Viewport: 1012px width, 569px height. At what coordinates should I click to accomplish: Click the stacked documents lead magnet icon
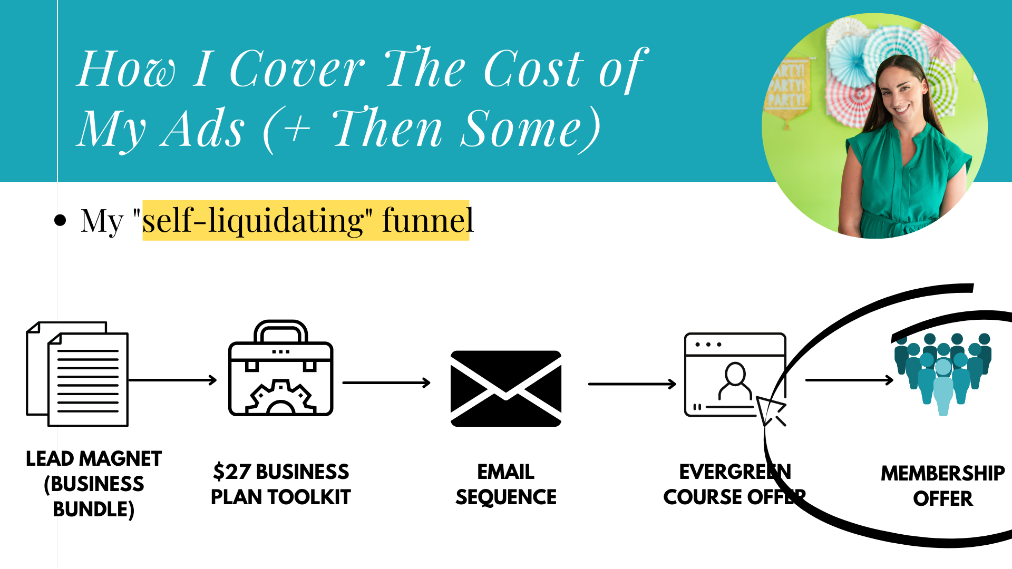tap(77, 374)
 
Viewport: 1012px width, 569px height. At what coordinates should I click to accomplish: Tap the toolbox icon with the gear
tap(280, 369)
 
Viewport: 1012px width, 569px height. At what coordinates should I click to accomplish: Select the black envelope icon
tap(506, 388)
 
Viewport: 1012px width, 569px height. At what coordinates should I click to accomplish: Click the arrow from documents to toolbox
tap(172, 380)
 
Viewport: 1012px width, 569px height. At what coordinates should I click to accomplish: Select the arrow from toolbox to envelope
tap(386, 383)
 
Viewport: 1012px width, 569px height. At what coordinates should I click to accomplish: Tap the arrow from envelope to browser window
tap(632, 384)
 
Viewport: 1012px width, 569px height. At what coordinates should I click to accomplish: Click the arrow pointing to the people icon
tap(849, 380)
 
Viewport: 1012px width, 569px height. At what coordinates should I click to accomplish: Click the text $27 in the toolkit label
tap(231, 472)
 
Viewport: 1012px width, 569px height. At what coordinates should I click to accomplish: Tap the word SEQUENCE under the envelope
tap(506, 497)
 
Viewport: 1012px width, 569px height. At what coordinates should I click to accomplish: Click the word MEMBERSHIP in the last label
tap(942, 474)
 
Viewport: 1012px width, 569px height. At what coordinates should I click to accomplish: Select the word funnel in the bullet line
tap(427, 221)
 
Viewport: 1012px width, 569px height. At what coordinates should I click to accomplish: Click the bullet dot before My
tap(61, 220)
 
